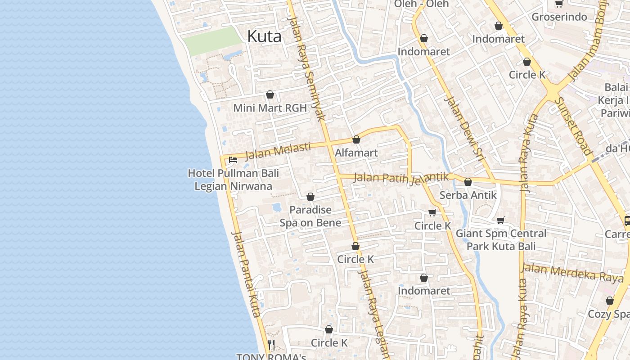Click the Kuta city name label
click(264, 36)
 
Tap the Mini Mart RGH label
click(270, 108)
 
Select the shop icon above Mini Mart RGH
click(270, 94)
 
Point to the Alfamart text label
click(356, 153)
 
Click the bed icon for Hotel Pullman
click(233, 159)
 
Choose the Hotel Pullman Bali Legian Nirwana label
click(233, 180)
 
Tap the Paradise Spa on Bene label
click(310, 216)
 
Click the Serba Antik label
click(468, 195)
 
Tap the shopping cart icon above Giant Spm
click(501, 220)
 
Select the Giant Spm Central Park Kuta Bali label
click(501, 240)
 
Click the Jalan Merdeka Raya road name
click(572, 273)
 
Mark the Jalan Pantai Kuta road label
click(246, 274)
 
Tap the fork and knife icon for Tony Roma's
click(271, 345)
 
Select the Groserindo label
click(559, 17)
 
